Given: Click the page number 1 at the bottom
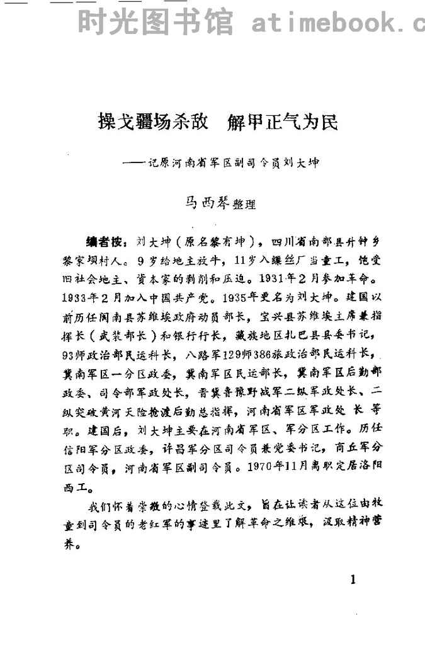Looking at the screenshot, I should tap(353, 579).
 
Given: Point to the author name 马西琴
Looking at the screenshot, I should tap(203, 203).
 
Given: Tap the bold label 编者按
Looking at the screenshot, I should tap(103, 242).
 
